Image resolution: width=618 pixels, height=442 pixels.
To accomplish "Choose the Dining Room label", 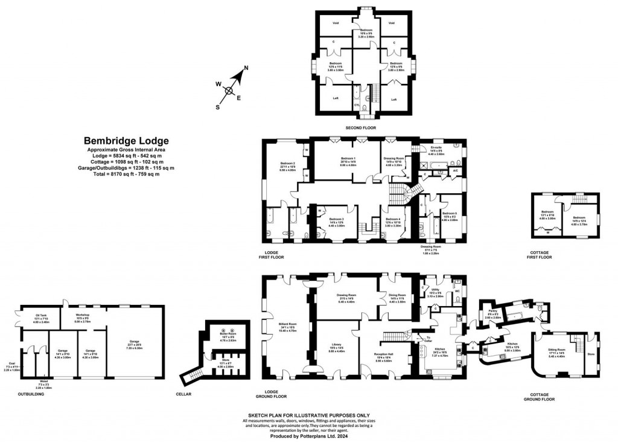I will [x=398, y=295].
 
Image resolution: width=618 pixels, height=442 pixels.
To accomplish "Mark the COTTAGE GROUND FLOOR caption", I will [x=539, y=397].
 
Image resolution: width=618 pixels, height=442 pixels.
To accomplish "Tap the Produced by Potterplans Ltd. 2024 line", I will [x=308, y=435].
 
